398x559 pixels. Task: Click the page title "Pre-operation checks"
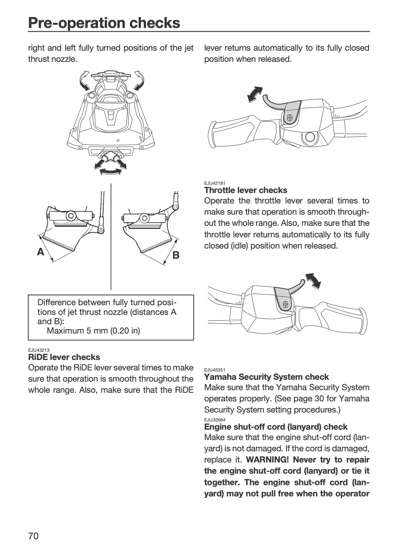[104, 23]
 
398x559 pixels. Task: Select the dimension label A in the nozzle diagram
[40, 252]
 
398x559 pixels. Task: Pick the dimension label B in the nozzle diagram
[176, 255]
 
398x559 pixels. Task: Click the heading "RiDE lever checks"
[64, 357]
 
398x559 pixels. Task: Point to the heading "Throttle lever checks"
[246, 190]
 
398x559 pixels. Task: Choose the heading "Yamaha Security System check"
[266, 376]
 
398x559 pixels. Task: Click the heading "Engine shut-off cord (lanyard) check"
[276, 427]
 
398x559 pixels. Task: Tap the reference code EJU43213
[39, 350]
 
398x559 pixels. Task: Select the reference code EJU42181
[215, 183]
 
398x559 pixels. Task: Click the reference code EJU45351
[215, 370]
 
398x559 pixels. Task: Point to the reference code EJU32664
[215, 420]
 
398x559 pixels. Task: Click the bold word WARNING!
[267, 459]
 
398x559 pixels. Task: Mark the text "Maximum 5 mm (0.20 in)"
[93, 331]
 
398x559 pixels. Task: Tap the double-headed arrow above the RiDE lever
[255, 94]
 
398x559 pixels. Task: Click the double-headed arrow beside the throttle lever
[313, 281]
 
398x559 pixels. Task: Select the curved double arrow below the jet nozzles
[110, 171]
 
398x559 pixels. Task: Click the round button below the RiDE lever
[309, 137]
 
